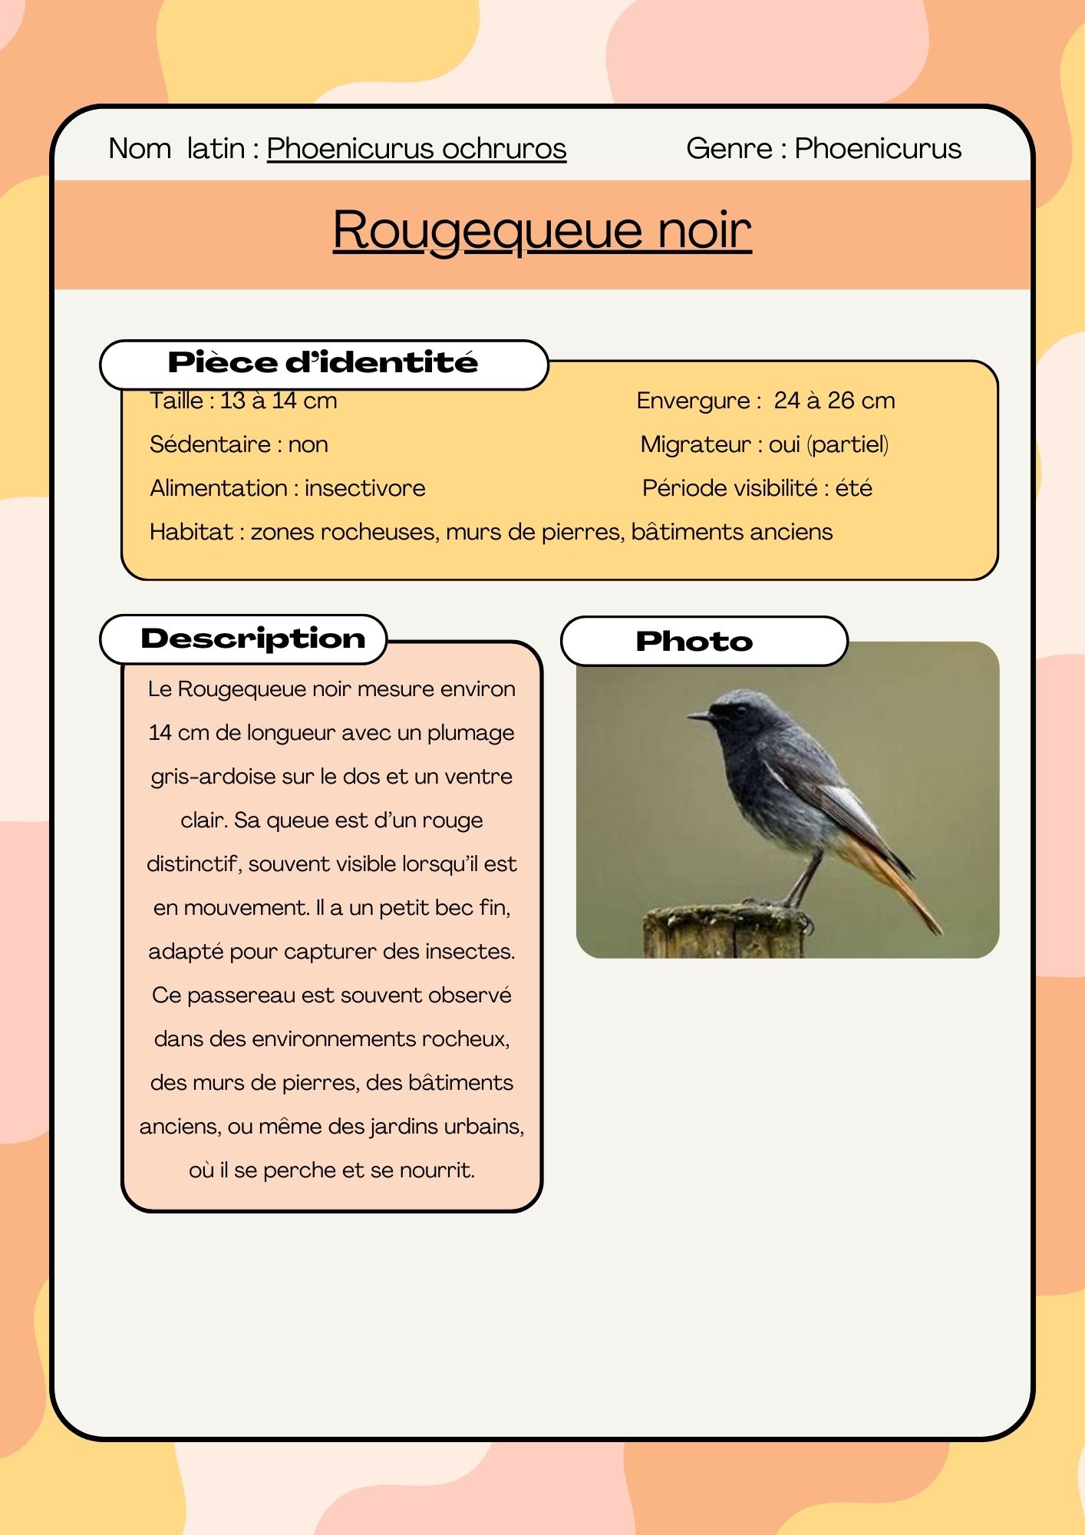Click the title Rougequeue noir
click(x=542, y=229)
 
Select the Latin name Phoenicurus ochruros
click(x=416, y=148)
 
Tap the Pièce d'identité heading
click(x=322, y=362)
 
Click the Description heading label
click(x=252, y=639)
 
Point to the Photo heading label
click(x=694, y=642)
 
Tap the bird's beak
click(x=700, y=715)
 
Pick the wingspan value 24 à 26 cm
click(x=834, y=401)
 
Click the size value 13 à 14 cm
click(x=279, y=401)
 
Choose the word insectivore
click(x=364, y=488)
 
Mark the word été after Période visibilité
click(x=853, y=488)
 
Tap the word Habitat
click(x=191, y=532)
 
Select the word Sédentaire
click(x=209, y=444)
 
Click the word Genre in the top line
click(x=729, y=148)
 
